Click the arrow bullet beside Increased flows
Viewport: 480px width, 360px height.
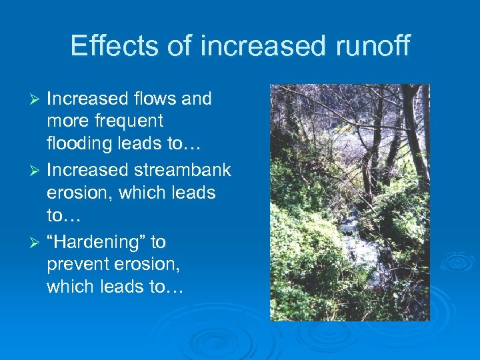(37, 99)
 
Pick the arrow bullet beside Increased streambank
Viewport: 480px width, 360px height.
(37, 171)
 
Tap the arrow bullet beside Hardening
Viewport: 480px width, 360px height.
(37, 242)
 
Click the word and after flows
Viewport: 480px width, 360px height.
(197, 99)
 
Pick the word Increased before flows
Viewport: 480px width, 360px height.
(87, 99)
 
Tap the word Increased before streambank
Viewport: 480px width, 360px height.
(87, 170)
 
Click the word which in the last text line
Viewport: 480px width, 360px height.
(69, 287)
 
